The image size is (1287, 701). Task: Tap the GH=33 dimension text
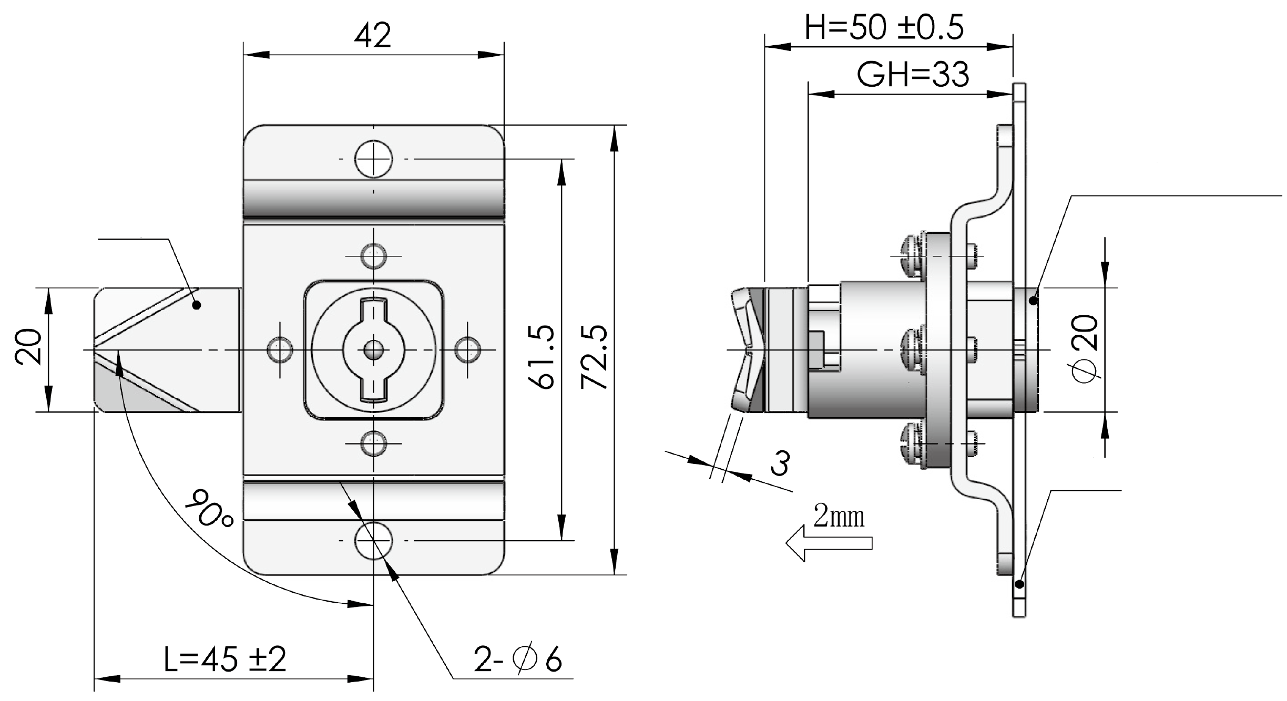[913, 75]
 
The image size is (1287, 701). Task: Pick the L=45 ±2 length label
[225, 659]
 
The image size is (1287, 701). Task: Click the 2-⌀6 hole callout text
[518, 659]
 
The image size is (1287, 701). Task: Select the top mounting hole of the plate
[373, 159]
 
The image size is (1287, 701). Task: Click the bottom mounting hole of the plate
[373, 541]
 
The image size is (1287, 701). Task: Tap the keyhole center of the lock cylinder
[373, 349]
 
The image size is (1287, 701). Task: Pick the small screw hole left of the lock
[280, 349]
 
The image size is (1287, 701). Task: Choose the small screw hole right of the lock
[467, 349]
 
